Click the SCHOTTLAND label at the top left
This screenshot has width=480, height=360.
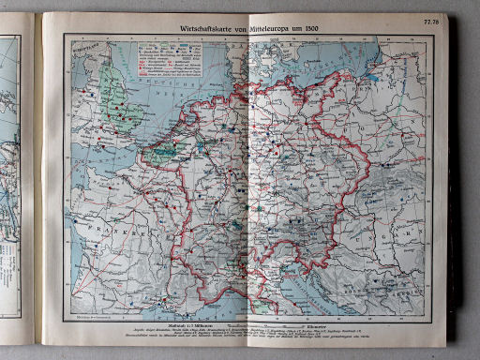tap(82, 43)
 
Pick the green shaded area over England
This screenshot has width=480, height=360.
tap(114, 84)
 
